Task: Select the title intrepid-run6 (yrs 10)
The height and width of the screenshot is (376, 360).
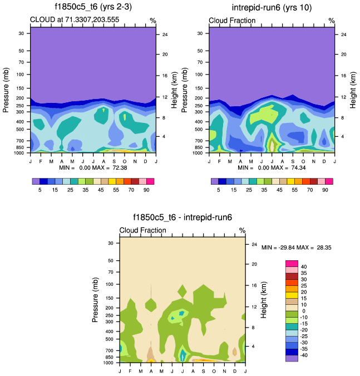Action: [x=272, y=7]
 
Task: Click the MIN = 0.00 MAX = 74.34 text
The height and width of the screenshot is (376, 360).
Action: [x=272, y=167]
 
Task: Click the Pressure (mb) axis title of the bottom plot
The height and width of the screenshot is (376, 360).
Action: [x=95, y=299]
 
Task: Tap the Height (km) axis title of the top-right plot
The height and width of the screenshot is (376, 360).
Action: [x=353, y=89]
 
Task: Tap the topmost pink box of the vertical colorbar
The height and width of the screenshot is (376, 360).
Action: [x=292, y=263]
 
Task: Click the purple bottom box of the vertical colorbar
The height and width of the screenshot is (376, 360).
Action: [x=292, y=358]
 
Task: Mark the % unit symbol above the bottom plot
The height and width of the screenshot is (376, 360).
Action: [x=242, y=230]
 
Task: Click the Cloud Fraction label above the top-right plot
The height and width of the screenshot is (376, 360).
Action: [x=232, y=21]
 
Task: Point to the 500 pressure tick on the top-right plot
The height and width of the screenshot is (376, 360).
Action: [x=201, y=130]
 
